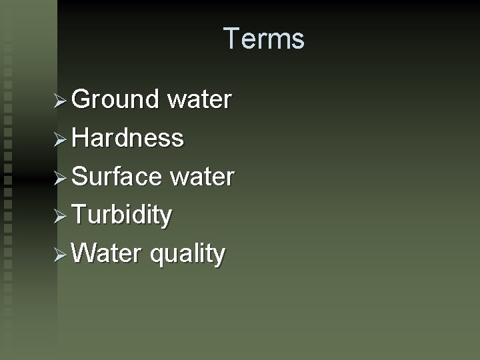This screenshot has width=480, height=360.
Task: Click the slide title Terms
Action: point(264,39)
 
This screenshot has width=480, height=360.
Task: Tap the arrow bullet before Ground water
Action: point(61,100)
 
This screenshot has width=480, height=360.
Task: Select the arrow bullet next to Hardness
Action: point(61,139)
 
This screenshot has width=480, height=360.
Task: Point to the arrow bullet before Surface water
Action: point(61,177)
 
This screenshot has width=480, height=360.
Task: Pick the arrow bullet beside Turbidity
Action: point(61,215)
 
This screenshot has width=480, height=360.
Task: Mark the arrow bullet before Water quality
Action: point(61,254)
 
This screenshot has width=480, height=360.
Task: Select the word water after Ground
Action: point(199,99)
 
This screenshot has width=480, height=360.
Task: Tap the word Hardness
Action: point(127,138)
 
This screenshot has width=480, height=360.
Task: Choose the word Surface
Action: point(117,177)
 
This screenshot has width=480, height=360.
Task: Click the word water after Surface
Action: point(202,177)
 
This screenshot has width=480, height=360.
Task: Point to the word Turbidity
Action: point(122,215)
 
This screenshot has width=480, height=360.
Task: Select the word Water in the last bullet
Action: point(107,253)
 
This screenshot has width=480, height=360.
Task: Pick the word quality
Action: point(187,255)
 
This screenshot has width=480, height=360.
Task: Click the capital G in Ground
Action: point(81,99)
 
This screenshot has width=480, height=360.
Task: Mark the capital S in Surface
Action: point(79,177)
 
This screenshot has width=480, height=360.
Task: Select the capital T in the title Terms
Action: point(231,39)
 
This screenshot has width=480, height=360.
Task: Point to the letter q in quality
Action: point(157,255)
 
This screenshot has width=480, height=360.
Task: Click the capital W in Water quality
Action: point(83,253)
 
